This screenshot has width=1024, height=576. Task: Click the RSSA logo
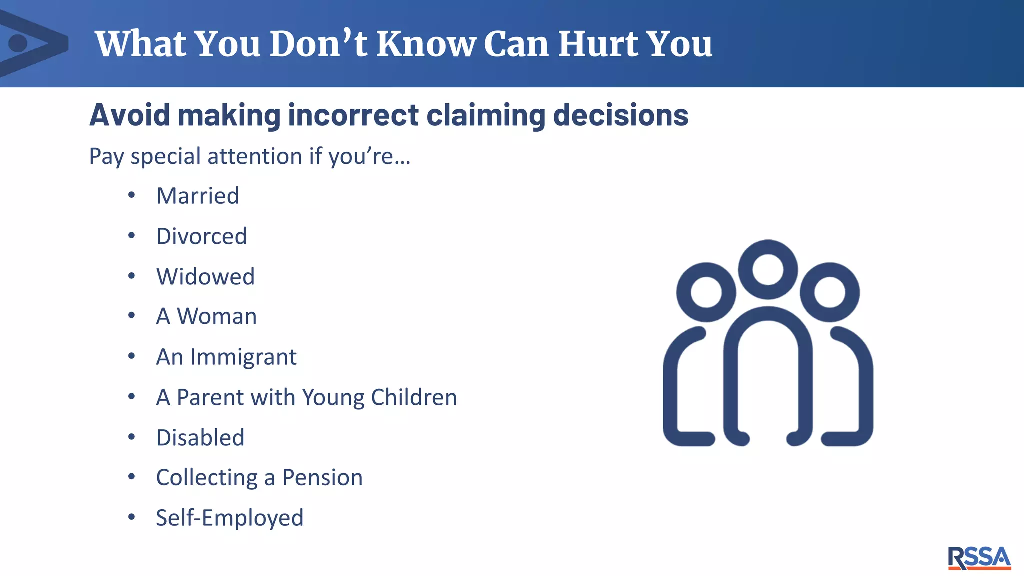pos(979,558)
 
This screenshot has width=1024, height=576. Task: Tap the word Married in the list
pos(198,196)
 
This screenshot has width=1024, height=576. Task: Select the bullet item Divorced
pos(201,236)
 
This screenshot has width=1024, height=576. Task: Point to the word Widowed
pos(205,277)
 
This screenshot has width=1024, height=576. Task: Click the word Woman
pos(217,317)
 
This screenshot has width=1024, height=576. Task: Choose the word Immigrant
pos(243,357)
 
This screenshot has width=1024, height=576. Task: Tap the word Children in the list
pos(414,398)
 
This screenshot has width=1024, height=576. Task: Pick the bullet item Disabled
pos(200,438)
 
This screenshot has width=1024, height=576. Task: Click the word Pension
pos(322,478)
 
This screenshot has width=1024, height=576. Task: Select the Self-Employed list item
pos(230,518)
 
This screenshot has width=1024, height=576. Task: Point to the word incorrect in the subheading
pos(353,115)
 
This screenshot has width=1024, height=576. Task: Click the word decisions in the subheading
pos(621,115)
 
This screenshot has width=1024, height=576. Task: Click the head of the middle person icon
pos(768,269)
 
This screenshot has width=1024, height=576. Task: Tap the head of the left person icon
pos(706,292)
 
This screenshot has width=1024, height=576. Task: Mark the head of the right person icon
pos(830,292)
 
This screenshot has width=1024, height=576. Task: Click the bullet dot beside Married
pos(131,196)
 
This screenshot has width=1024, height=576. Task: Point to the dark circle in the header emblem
pos(18,43)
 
